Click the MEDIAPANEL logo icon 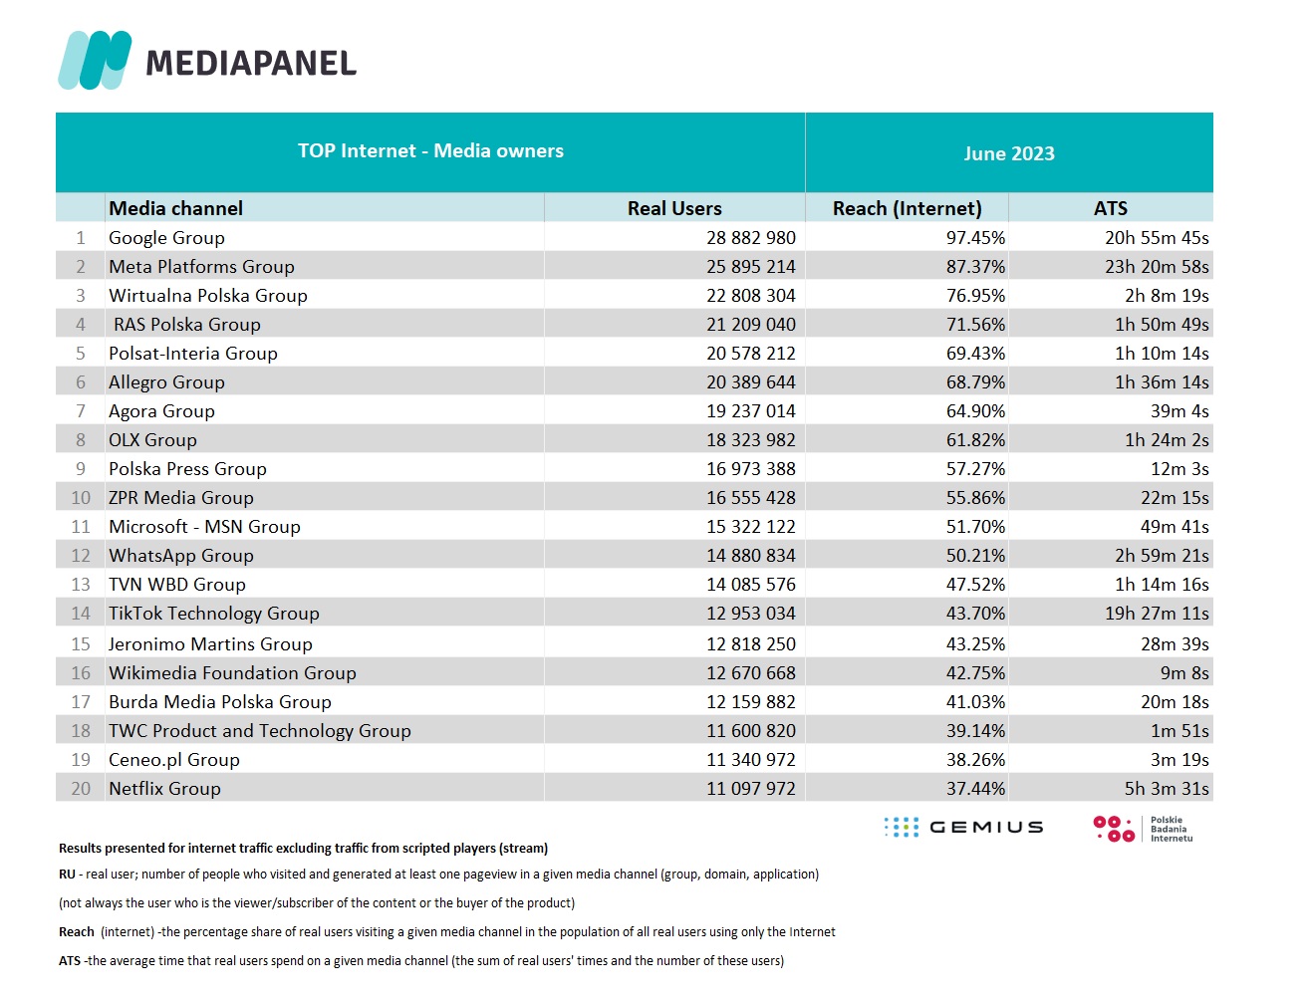[x=95, y=60]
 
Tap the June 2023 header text [x=1009, y=153]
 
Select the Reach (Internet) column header [x=907, y=208]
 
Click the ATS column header [x=1111, y=208]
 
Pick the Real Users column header [x=674, y=208]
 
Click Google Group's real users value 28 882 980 [x=750, y=238]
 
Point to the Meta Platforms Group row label [x=201, y=267]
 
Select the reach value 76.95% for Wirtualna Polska [x=975, y=296]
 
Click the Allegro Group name [x=166, y=382]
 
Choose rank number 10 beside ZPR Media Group [x=81, y=497]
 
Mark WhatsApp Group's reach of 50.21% [x=975, y=555]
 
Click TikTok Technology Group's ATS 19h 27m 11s [x=1157, y=613]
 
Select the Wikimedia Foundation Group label [x=232, y=672]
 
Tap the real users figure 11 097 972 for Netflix [x=750, y=788]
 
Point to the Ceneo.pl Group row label [x=174, y=760]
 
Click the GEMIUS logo [x=963, y=827]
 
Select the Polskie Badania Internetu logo [x=1143, y=829]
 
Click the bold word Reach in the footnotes [x=77, y=932]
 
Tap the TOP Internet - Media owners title [x=430, y=150]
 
